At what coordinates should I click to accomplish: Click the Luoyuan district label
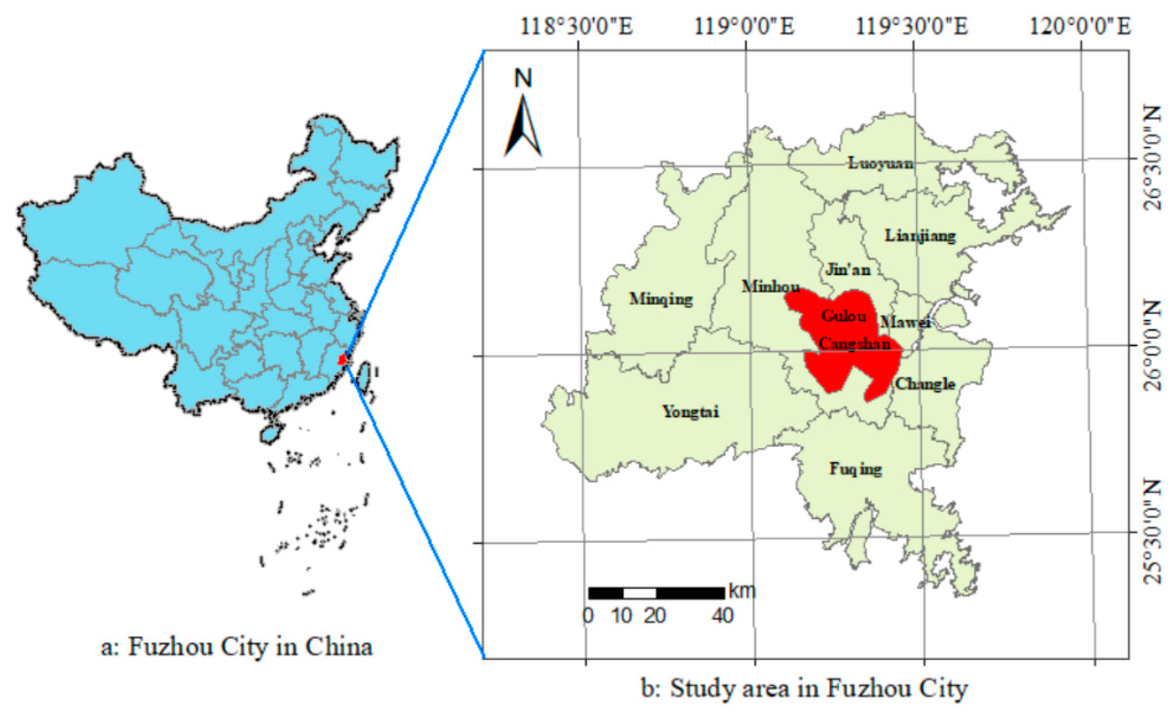click(x=881, y=163)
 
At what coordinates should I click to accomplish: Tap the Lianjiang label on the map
click(x=920, y=235)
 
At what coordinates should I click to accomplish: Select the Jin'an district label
click(x=848, y=270)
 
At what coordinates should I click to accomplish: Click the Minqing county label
click(x=661, y=299)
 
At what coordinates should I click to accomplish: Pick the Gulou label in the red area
click(x=843, y=316)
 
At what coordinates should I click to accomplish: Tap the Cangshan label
click(x=855, y=343)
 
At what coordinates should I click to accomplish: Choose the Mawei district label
click(x=905, y=322)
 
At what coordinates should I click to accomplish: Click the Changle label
click(x=925, y=384)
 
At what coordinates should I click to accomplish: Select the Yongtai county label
click(x=690, y=411)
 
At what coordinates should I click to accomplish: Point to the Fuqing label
click(x=856, y=469)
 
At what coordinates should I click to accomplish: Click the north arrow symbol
click(x=523, y=126)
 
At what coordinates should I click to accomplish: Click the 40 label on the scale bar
click(x=723, y=616)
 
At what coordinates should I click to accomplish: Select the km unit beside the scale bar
click(x=742, y=591)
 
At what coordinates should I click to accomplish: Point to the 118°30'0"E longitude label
click(x=576, y=26)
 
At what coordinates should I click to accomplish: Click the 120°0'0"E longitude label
click(x=1080, y=26)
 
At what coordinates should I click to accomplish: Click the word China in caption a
click(x=339, y=647)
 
